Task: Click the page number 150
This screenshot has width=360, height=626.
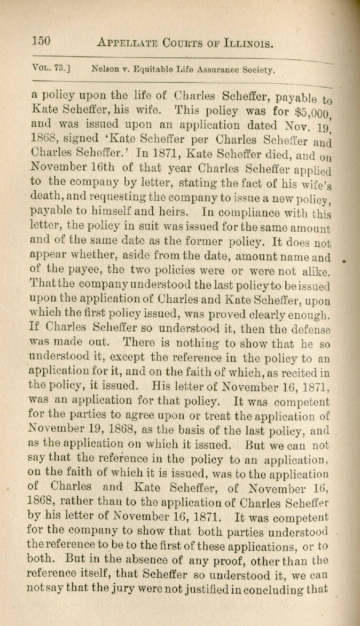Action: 41,41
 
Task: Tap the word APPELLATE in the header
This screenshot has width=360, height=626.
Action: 126,42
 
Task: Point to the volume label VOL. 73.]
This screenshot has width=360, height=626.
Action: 52,68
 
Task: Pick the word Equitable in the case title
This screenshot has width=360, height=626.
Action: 153,69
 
